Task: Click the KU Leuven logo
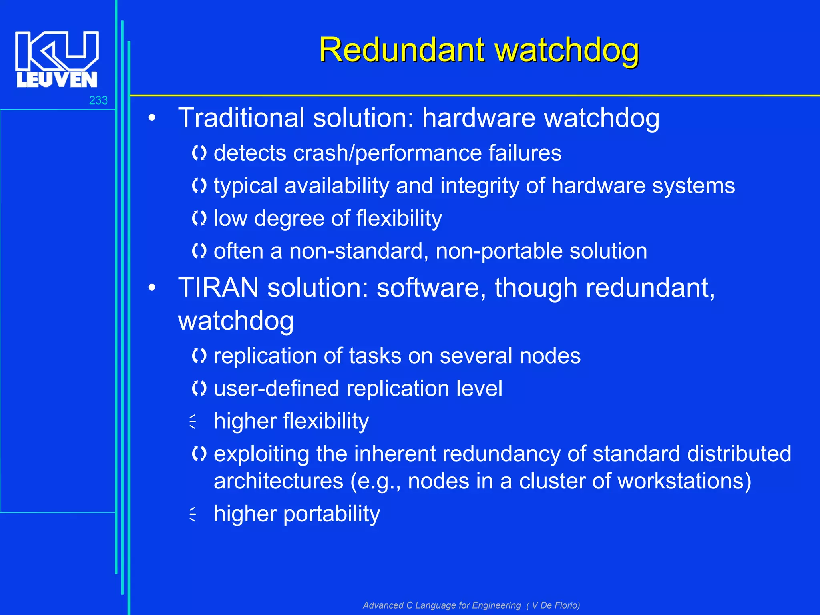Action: (x=57, y=59)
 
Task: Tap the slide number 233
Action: (x=98, y=100)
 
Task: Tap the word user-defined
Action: (x=276, y=388)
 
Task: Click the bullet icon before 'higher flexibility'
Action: (x=193, y=422)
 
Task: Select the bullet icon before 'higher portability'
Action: (x=193, y=514)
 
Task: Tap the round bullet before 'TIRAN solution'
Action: (x=151, y=287)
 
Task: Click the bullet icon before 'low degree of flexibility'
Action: (x=199, y=219)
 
